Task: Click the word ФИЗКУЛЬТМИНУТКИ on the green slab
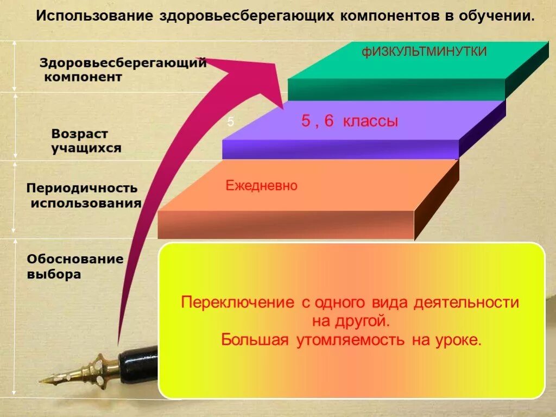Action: (x=424, y=53)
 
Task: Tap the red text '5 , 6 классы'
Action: (x=350, y=122)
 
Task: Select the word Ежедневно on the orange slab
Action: (x=261, y=186)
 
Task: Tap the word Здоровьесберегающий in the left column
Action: (x=123, y=63)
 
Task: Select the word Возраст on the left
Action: (x=80, y=134)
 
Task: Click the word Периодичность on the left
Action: (x=82, y=189)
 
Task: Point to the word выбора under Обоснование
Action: (x=54, y=275)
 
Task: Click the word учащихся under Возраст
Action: (x=86, y=148)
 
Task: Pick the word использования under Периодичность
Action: (x=86, y=204)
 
